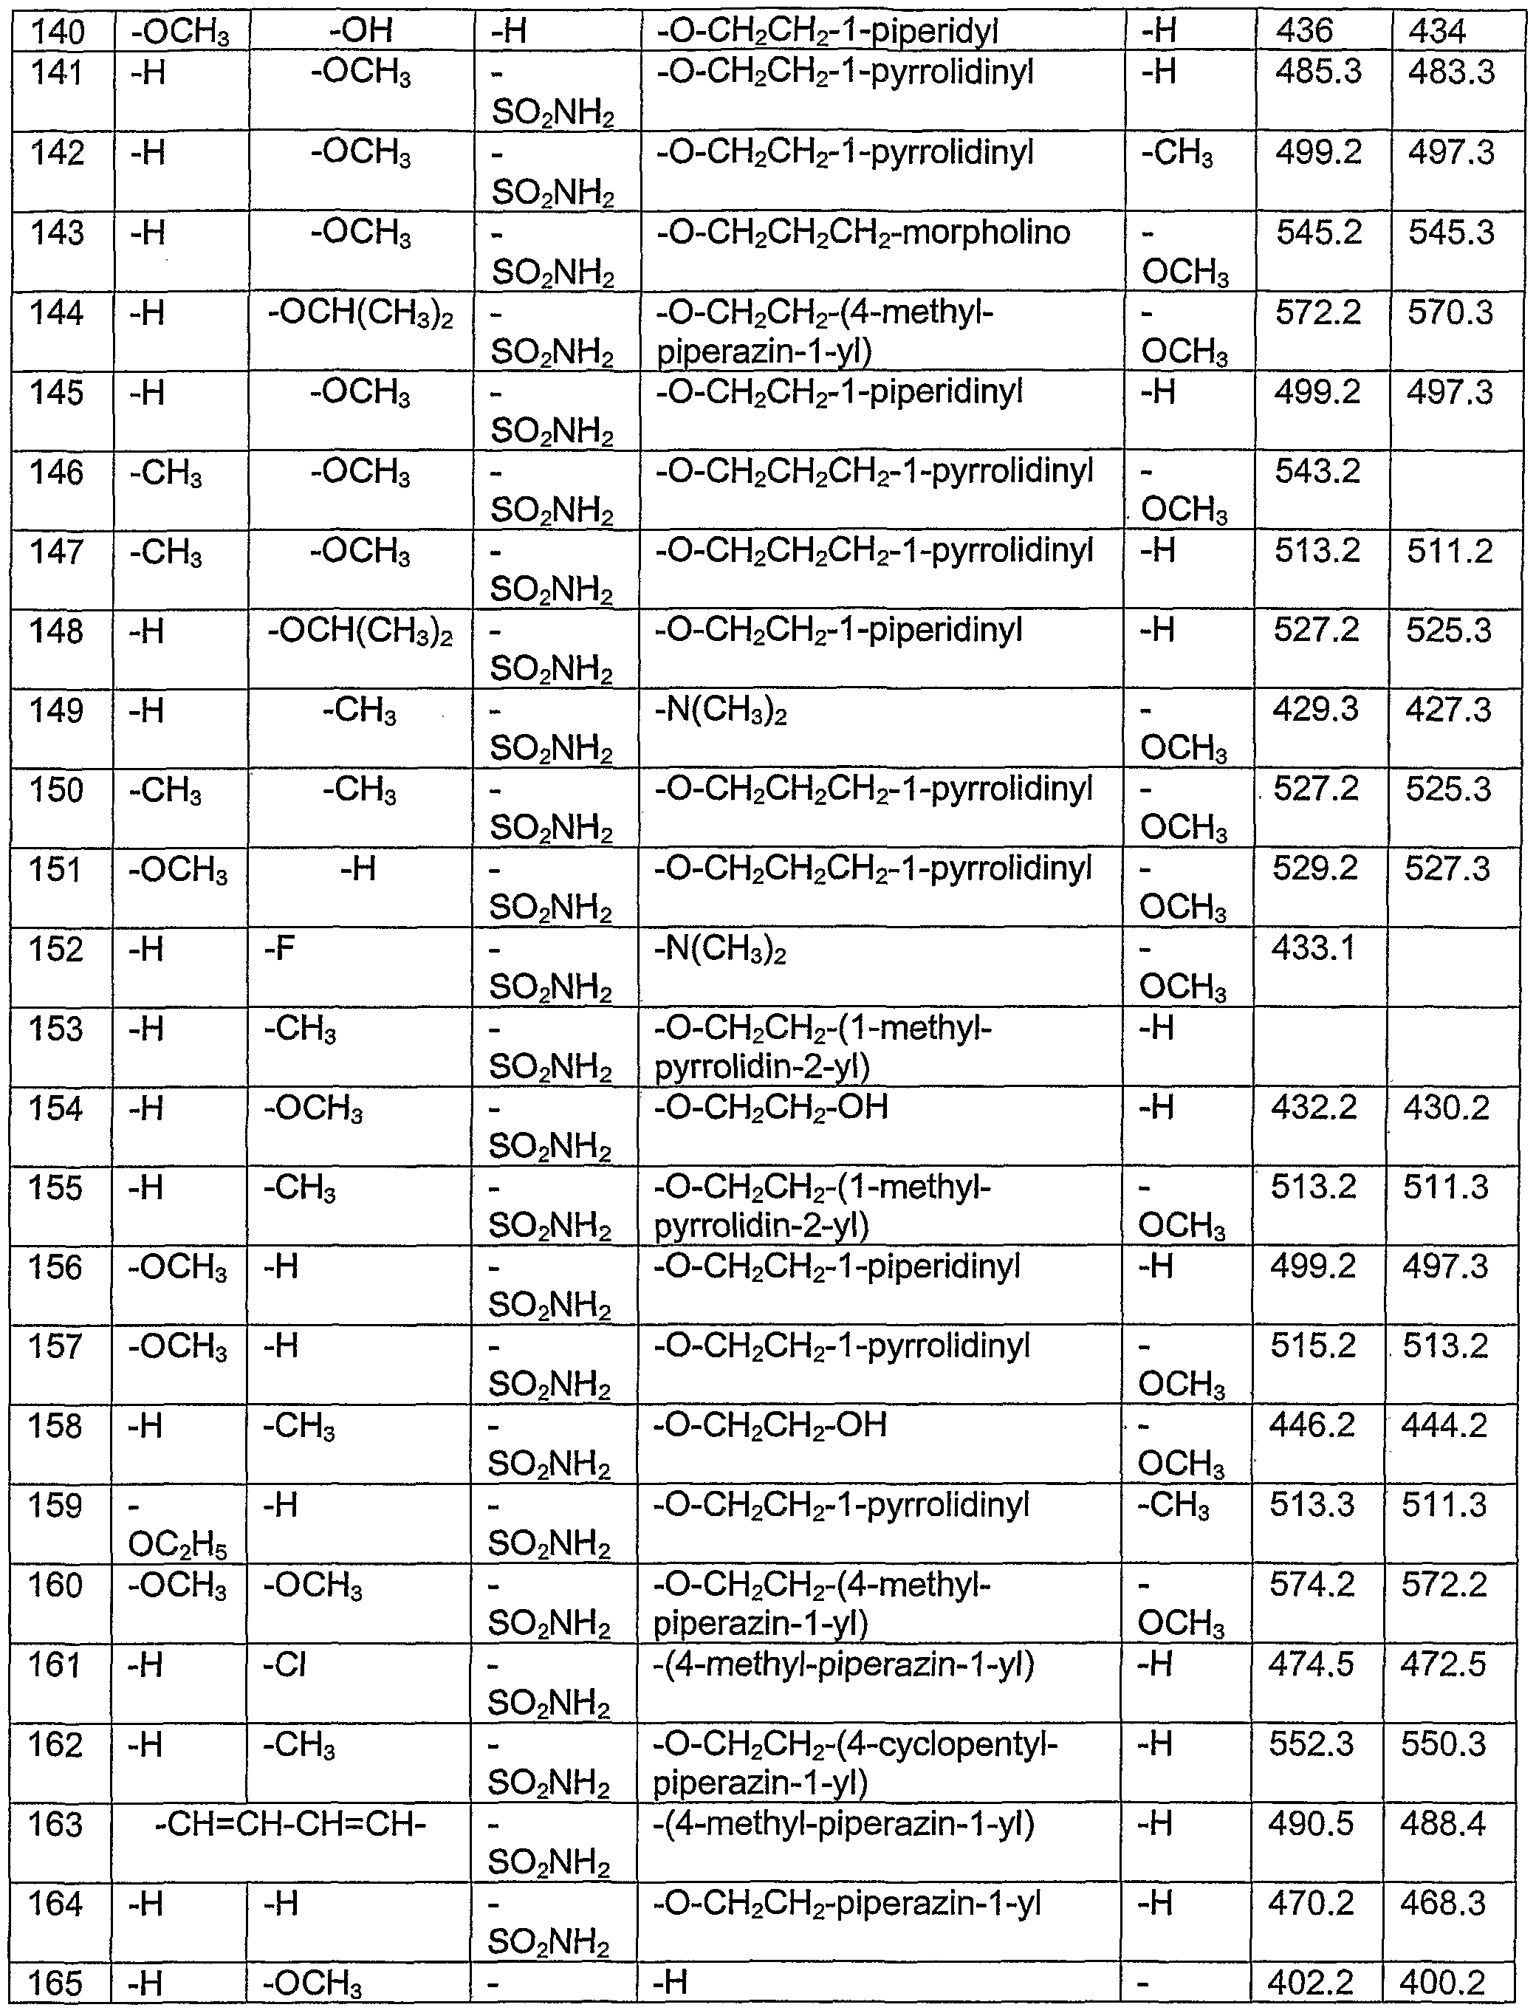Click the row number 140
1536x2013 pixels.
pyautogui.click(x=58, y=32)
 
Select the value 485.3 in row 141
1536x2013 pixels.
pyautogui.click(x=1318, y=72)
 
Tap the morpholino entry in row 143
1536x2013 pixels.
pyautogui.click(x=863, y=232)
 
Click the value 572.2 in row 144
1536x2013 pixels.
pyautogui.click(x=1318, y=312)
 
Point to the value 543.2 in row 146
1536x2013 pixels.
pyautogui.click(x=1317, y=472)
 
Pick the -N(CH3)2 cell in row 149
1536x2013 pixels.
pyautogui.click(x=721, y=710)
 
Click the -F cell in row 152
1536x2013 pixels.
pyautogui.click(x=280, y=949)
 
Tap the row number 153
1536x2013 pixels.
pyautogui.click(x=57, y=1029)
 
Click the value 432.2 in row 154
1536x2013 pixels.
pyautogui.click(x=1314, y=1108)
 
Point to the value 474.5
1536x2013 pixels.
pyautogui.click(x=1311, y=1664)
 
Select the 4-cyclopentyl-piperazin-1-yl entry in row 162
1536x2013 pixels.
pyautogui.click(x=855, y=1763)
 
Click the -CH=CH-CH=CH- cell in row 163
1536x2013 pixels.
pyautogui.click(x=291, y=1825)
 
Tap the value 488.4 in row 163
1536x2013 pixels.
pyautogui.click(x=1444, y=1825)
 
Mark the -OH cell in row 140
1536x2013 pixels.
pyautogui.click(x=361, y=32)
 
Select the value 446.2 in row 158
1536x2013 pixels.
pyautogui.click(x=1313, y=1425)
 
